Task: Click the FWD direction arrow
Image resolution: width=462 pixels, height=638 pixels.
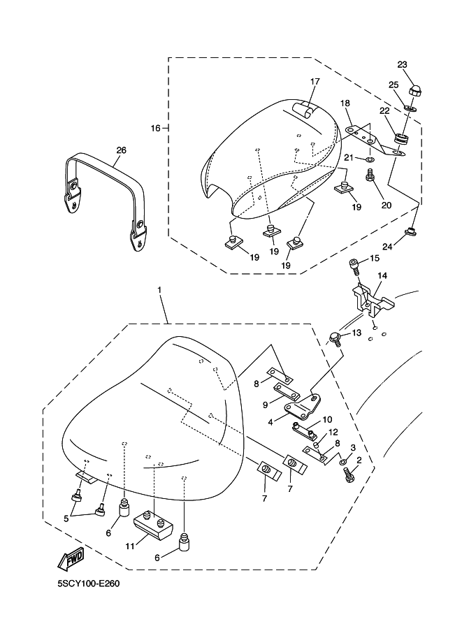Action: [71, 558]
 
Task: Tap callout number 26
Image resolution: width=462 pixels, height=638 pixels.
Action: [121, 150]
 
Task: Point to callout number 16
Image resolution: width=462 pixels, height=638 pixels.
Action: [155, 128]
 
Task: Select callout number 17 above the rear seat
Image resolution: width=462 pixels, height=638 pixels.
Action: [315, 82]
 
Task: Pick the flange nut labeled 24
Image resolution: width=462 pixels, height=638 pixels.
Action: [412, 232]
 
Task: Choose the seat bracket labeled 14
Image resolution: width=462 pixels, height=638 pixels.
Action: [370, 296]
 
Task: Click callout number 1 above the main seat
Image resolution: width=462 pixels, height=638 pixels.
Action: [160, 289]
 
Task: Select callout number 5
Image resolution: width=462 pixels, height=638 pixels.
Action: [67, 519]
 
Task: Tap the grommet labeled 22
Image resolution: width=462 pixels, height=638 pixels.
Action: [402, 138]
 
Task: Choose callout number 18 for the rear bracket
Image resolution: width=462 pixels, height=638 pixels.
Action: [345, 103]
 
